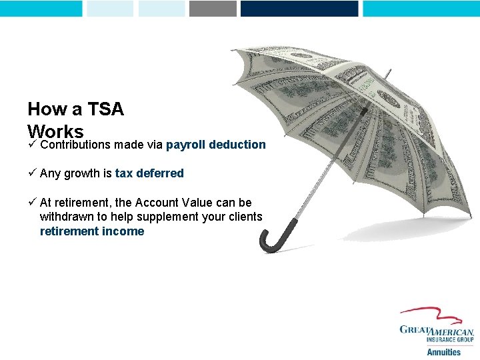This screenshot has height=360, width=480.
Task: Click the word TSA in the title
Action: tap(107, 109)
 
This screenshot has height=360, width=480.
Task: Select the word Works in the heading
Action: tap(55, 131)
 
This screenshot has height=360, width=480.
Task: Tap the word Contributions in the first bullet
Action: tap(75, 145)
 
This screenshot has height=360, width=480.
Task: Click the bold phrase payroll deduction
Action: tap(216, 145)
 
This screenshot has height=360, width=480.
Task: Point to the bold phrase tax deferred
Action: tap(149, 173)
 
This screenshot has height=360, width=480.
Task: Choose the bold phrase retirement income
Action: tap(92, 231)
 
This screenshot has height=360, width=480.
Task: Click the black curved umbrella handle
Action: tap(269, 239)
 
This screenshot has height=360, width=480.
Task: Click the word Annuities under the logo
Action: tap(443, 352)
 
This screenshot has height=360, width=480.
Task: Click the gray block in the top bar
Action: tap(213, 8)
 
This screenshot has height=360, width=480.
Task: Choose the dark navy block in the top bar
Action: tap(299, 8)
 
